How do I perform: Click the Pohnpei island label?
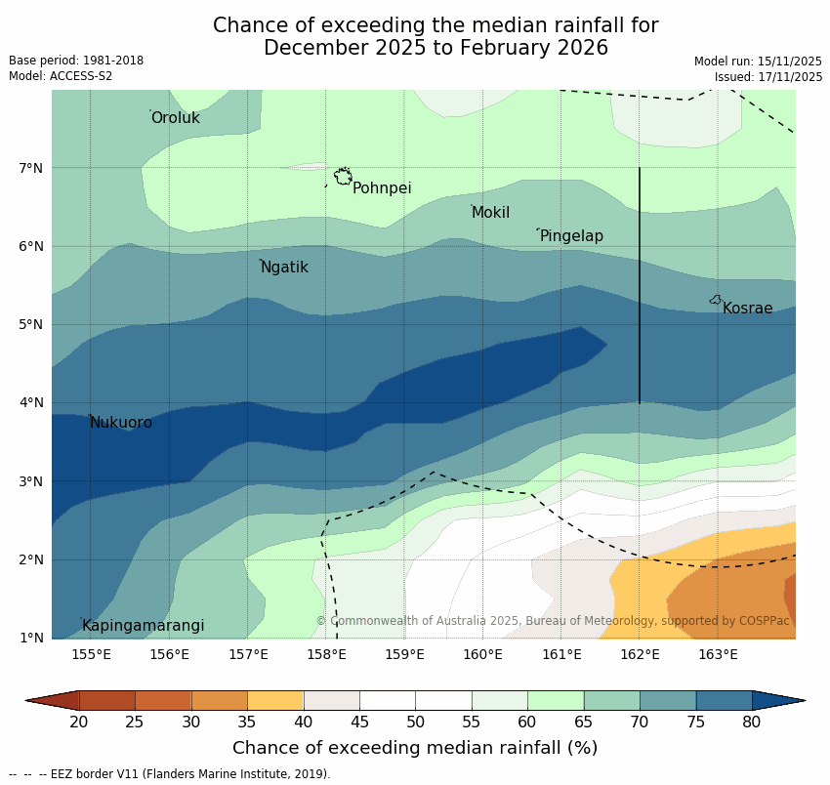click(382, 188)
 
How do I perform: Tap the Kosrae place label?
click(747, 309)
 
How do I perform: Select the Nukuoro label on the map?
click(121, 423)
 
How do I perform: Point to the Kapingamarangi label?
click(143, 626)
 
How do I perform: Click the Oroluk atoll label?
click(176, 118)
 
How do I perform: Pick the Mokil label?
click(491, 213)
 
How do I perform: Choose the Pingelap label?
click(571, 236)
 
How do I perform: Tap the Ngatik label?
click(284, 268)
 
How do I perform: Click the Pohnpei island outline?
click(343, 176)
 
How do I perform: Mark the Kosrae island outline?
click(716, 300)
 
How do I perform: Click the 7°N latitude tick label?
click(31, 168)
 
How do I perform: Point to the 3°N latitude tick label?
click(31, 481)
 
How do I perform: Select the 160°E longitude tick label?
click(483, 654)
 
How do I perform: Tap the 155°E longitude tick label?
click(91, 654)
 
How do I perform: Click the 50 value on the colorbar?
click(415, 722)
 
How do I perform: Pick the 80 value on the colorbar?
click(752, 722)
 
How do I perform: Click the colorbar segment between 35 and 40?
click(275, 700)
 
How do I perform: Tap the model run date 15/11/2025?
click(789, 61)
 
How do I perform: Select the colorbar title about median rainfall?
click(415, 748)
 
